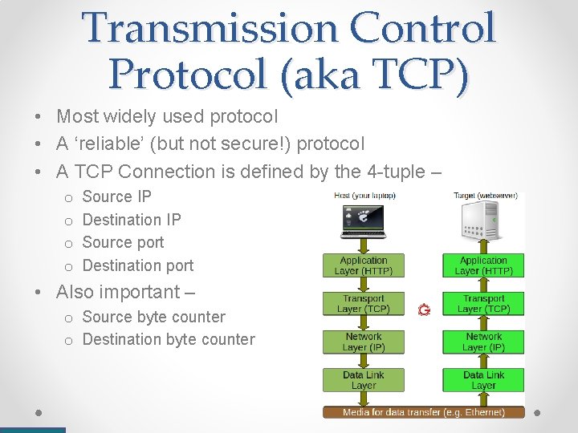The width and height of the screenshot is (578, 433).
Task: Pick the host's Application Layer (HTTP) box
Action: point(363,265)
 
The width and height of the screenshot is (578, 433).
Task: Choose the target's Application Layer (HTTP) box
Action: point(483,265)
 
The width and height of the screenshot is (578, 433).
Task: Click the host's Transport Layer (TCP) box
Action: point(363,304)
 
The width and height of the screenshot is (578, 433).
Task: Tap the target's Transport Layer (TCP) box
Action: point(483,304)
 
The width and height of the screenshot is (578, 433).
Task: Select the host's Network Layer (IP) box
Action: point(363,342)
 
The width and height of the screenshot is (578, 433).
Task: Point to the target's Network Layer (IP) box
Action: point(483,342)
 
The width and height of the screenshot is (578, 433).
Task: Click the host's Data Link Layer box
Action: point(363,380)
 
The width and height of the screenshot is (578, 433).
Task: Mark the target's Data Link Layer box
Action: point(483,380)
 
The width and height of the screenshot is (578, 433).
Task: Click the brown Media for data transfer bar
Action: point(423,412)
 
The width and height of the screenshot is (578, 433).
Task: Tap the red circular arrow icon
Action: point(424,309)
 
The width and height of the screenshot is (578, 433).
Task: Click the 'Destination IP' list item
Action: point(132,220)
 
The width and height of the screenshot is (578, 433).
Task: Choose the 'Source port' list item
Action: point(123,242)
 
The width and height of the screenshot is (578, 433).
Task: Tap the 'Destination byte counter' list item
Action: point(169,340)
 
